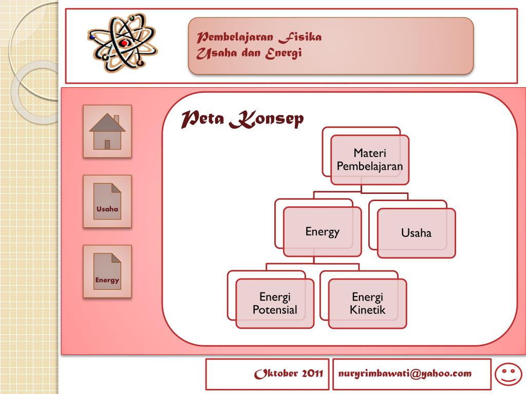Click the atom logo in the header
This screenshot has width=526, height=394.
(x=123, y=43)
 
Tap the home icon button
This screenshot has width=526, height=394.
(x=107, y=131)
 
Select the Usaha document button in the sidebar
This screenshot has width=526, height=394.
(x=107, y=201)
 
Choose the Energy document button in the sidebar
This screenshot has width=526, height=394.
(x=107, y=271)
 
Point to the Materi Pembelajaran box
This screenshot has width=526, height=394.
(x=370, y=160)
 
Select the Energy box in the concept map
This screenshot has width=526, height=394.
(x=323, y=231)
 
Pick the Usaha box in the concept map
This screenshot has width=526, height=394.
(x=416, y=233)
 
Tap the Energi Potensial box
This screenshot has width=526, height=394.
(x=275, y=303)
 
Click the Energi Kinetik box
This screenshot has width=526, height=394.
(x=367, y=303)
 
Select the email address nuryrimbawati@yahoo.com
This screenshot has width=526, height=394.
(x=405, y=373)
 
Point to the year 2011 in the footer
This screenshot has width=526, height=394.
(x=312, y=373)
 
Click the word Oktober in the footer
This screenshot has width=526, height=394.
(x=276, y=373)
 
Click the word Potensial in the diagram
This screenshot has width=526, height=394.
(x=275, y=310)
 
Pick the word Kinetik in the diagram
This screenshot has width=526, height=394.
(x=367, y=310)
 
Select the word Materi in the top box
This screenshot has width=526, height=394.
(x=370, y=153)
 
